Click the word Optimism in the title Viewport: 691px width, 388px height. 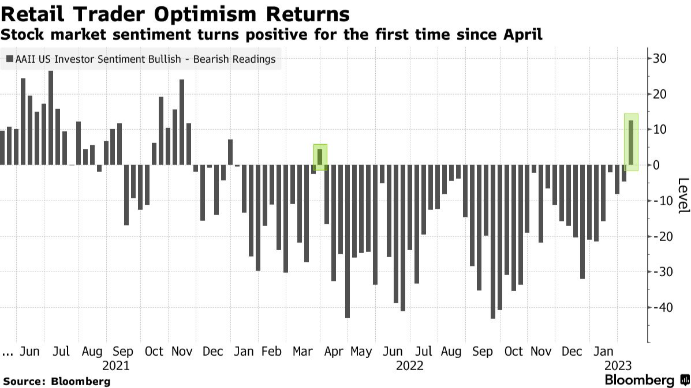tap(205, 14)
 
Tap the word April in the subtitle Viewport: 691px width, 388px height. tap(523, 35)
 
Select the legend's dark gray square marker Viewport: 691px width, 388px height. tap(10, 59)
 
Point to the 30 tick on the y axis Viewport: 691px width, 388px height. tap(659, 58)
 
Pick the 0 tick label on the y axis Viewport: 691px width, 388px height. tap(656, 165)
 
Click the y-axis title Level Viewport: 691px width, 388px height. tap(682, 195)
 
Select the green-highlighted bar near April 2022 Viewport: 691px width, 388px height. tap(320, 157)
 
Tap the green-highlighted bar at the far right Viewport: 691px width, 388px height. tap(631, 142)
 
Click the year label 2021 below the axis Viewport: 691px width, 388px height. tap(116, 366)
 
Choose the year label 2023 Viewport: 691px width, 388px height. tap(618, 366)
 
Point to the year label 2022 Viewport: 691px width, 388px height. tap(409, 366)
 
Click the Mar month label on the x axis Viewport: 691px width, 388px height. tap(302, 352)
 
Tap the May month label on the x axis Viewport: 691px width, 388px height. tap(361, 352)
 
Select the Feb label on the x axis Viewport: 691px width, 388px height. tap(271, 352)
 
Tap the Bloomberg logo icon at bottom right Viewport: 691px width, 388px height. tap(685, 380)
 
